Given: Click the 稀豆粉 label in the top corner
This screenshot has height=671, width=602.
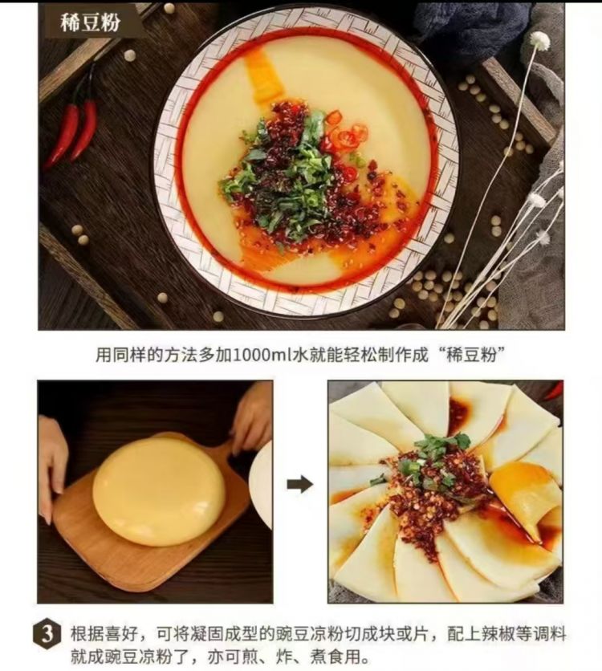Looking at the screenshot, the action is (90, 22).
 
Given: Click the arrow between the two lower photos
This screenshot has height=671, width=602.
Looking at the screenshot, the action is (300, 484).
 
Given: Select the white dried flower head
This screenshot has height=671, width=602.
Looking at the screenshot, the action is (540, 42).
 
